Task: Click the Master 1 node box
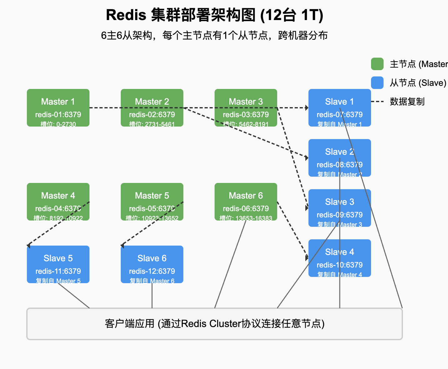(x=58, y=107)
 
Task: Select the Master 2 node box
(x=152, y=107)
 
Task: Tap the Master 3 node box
(x=246, y=107)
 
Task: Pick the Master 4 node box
(x=58, y=201)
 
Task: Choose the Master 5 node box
(x=152, y=201)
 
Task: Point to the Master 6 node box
(x=246, y=201)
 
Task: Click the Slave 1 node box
(x=340, y=107)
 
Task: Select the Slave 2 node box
(x=340, y=158)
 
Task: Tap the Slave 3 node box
(x=340, y=208)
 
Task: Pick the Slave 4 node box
(x=340, y=258)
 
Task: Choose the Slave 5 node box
(x=58, y=264)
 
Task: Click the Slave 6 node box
(x=152, y=264)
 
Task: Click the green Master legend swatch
(x=377, y=64)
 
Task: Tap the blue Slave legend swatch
(x=377, y=83)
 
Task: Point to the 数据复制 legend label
(x=407, y=101)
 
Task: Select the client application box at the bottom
(x=215, y=324)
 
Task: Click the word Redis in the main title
(x=126, y=15)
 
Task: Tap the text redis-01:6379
(x=58, y=115)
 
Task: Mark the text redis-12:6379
(x=152, y=271)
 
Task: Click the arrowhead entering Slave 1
(x=307, y=108)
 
